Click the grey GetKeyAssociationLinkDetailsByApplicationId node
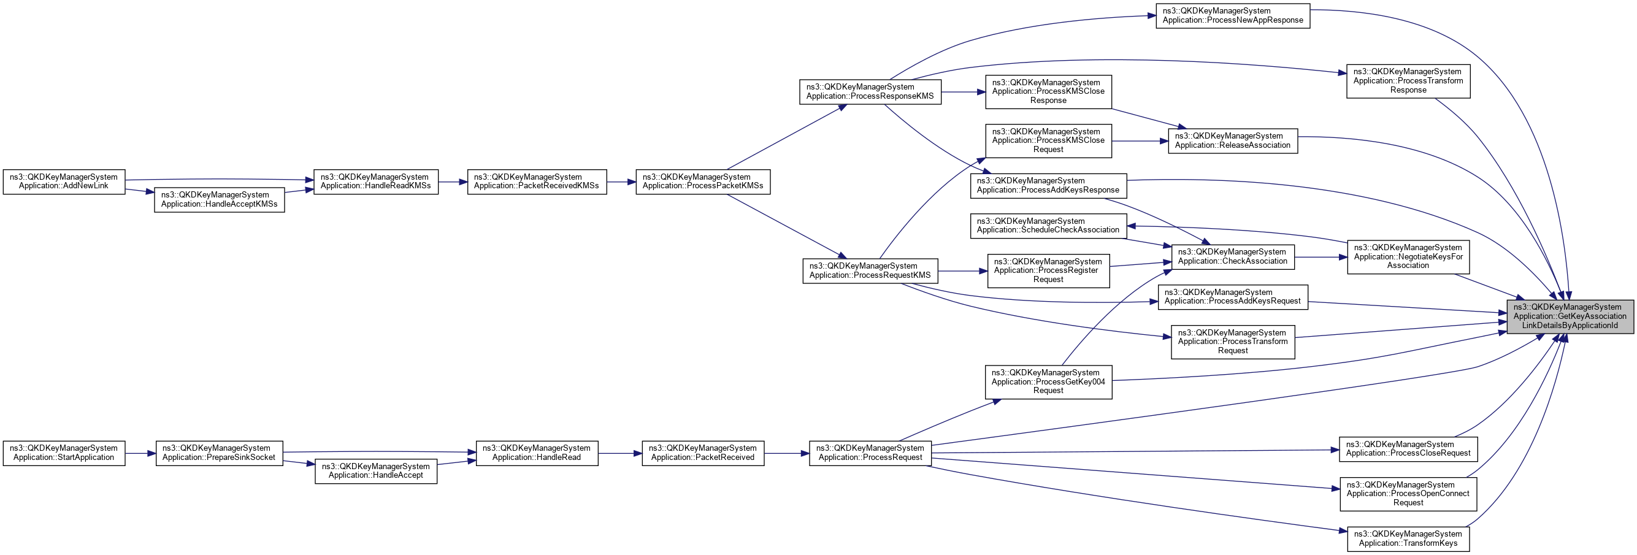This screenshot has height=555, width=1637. [1570, 316]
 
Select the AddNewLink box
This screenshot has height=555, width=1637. [64, 182]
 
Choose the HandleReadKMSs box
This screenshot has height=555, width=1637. [375, 182]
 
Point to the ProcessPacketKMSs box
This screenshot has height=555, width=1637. [703, 182]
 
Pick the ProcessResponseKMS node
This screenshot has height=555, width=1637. [870, 91]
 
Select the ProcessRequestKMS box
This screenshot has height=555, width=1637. [870, 271]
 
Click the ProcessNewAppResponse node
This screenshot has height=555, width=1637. [1232, 16]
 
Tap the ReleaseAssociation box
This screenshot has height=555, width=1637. [1232, 140]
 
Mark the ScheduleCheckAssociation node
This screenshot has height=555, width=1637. [1048, 226]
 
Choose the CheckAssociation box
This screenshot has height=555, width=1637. [1232, 257]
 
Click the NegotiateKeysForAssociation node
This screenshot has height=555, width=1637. [1408, 257]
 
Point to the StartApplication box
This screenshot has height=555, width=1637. [64, 453]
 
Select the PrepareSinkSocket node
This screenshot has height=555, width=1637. [219, 453]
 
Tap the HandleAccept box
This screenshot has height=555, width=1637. [375, 471]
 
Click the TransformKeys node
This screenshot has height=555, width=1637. [1408, 538]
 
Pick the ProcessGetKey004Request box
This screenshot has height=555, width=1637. [1048, 381]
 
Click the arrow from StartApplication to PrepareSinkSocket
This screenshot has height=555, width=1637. [140, 453]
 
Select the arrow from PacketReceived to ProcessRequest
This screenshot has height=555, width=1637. [786, 453]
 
